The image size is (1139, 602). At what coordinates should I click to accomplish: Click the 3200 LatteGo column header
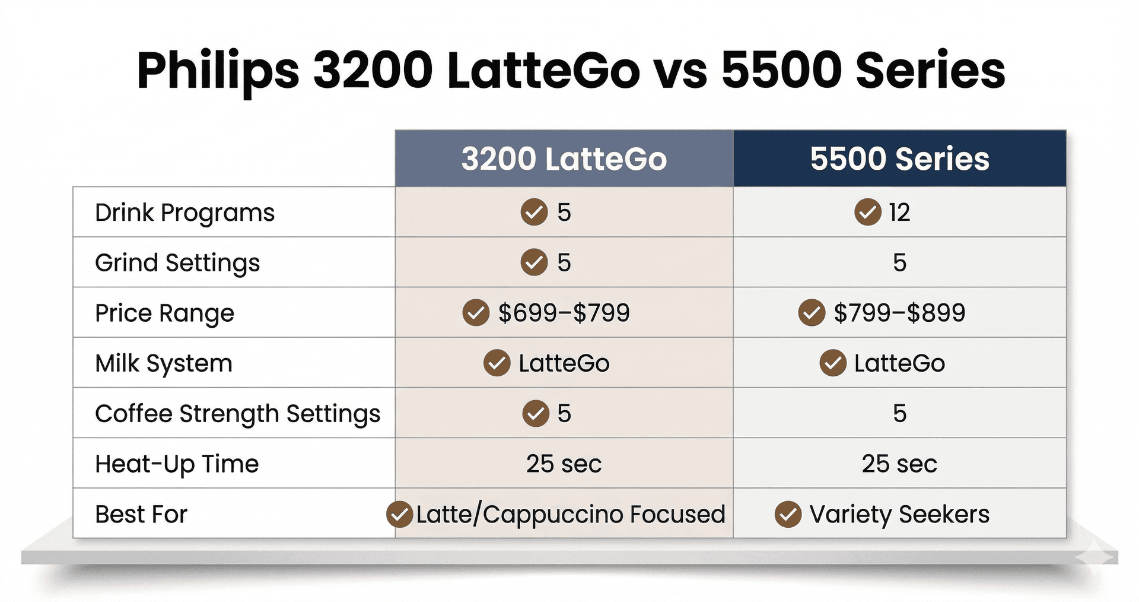(x=564, y=159)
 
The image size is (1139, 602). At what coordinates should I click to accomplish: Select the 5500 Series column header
(x=899, y=159)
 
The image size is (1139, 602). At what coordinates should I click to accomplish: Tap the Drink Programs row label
(x=184, y=213)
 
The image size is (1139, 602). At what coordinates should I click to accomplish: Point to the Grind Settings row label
(x=177, y=263)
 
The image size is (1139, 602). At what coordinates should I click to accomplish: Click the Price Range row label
(x=164, y=313)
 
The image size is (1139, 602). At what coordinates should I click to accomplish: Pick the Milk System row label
(x=163, y=363)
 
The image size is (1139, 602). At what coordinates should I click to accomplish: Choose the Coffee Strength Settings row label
(x=237, y=414)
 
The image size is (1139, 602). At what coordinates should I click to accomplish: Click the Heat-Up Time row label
(x=177, y=464)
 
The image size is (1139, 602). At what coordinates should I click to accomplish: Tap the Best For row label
(x=141, y=514)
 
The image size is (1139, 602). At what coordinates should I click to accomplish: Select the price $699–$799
(x=564, y=313)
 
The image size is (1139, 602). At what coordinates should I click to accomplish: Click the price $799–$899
(x=899, y=313)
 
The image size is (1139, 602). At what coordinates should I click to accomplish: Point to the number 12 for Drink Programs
(x=899, y=213)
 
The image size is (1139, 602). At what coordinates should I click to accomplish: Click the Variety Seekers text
(x=899, y=514)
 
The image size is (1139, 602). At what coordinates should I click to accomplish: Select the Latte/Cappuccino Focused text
(x=570, y=514)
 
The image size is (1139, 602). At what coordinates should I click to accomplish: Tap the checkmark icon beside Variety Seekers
(x=788, y=514)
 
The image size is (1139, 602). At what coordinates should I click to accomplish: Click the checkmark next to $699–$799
(x=476, y=313)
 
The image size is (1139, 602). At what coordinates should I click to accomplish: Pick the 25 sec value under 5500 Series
(x=899, y=464)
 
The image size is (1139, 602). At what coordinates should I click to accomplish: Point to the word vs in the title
(x=680, y=71)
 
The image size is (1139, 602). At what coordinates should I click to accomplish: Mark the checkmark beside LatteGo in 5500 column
(x=833, y=363)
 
